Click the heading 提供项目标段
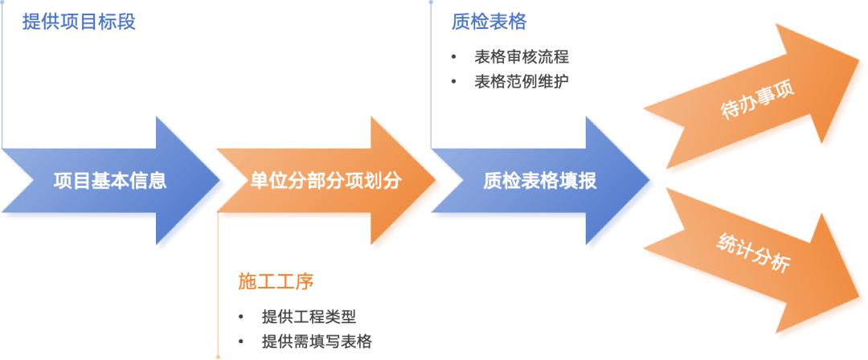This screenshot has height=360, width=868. [79, 22]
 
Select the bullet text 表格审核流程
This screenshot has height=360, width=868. [522, 57]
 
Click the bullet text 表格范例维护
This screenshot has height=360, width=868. [522, 82]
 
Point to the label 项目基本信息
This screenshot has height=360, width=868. [110, 181]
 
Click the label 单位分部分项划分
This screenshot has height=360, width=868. [325, 181]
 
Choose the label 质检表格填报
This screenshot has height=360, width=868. [540, 181]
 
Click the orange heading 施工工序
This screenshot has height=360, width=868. [275, 281]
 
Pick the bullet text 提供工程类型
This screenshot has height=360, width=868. [309, 317]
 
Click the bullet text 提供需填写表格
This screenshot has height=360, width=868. [316, 342]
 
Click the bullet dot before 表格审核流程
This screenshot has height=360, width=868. [454, 57]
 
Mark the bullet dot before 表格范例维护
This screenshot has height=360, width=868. [454, 82]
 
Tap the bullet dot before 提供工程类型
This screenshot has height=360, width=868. [241, 317]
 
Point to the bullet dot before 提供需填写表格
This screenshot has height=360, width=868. [241, 342]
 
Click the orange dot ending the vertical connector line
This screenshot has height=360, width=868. [218, 354]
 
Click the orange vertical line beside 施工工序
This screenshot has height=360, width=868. [218, 281]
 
